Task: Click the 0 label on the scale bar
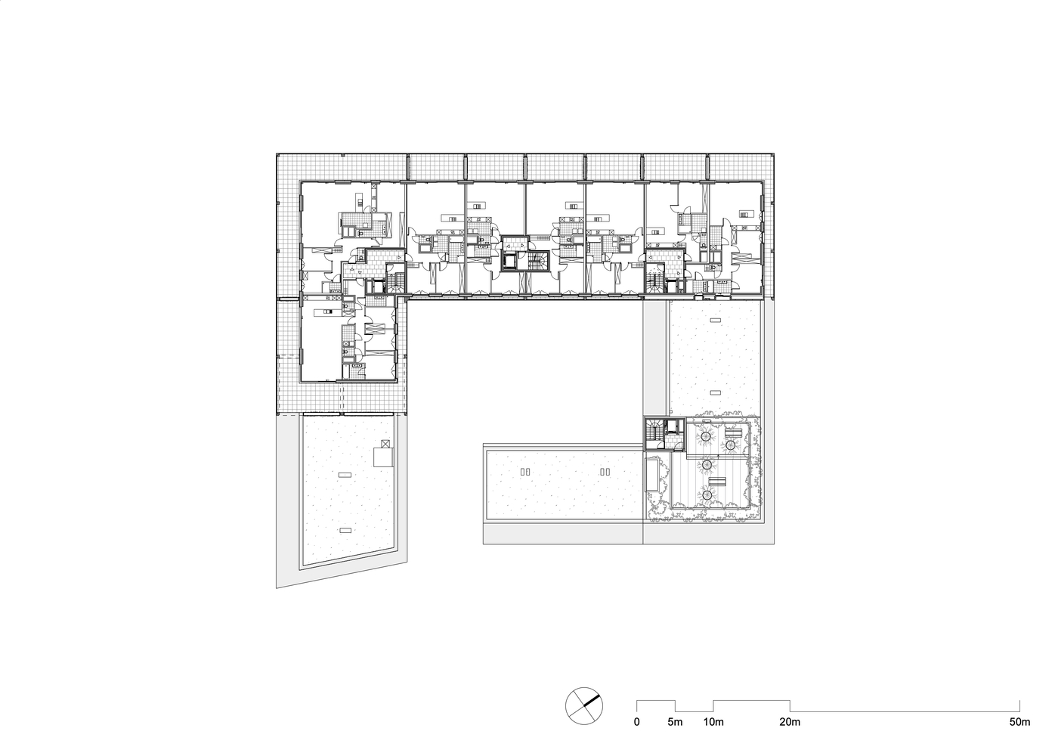[636, 722]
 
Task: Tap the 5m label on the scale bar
[675, 722]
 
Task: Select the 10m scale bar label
[713, 722]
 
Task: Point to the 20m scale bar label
[790, 722]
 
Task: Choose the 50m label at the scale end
[1019, 722]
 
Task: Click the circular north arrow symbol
[584, 705]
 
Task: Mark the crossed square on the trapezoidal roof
[385, 445]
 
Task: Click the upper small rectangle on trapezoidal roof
[345, 474]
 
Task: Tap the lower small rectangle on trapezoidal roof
[345, 530]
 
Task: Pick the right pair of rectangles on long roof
[605, 471]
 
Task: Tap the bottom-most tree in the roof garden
[707, 495]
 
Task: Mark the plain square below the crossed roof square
[383, 457]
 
